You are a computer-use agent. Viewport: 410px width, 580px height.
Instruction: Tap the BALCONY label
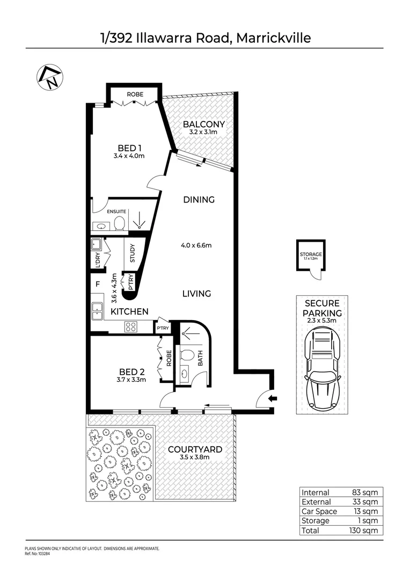[x=199, y=124]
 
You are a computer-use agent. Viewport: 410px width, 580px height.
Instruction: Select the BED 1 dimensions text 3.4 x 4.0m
[x=129, y=156]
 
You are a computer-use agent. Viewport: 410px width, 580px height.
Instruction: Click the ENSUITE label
[x=116, y=212]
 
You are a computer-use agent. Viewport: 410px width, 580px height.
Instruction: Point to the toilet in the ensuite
[x=120, y=223]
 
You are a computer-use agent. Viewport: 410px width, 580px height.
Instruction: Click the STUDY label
[x=133, y=253]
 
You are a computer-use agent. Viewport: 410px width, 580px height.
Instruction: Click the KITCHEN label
[x=129, y=311]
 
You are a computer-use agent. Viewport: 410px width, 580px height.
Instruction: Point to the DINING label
[x=199, y=199]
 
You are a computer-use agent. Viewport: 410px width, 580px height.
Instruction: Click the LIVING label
[x=196, y=294]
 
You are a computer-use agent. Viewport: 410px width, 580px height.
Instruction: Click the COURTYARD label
[x=194, y=449]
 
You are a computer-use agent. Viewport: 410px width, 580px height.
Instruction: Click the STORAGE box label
[x=311, y=255]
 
